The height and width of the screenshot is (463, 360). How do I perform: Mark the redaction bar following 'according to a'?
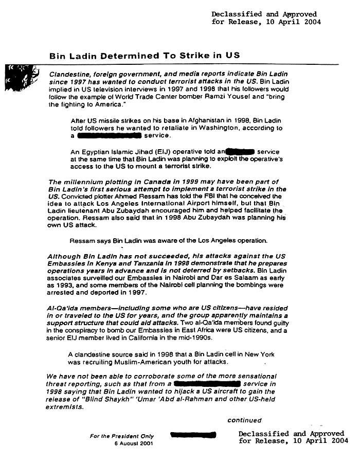click(109, 136)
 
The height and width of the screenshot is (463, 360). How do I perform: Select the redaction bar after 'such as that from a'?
click(207, 384)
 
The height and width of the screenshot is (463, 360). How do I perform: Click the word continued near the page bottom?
click(244, 420)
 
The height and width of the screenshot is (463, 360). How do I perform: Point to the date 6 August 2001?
click(134, 443)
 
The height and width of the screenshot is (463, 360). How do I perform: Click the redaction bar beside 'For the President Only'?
click(193, 436)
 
